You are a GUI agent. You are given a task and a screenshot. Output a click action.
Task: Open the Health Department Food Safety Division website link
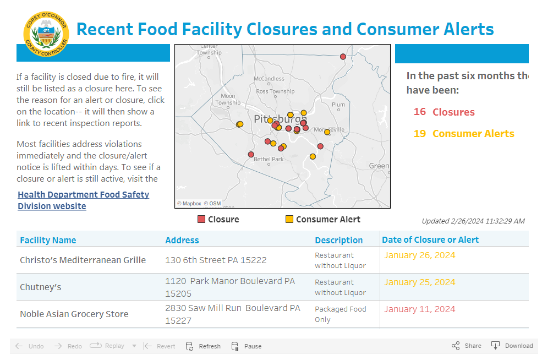point(83,200)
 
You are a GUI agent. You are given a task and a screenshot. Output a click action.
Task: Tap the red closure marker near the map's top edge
point(343,57)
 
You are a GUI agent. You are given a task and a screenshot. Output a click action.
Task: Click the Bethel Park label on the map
point(269,159)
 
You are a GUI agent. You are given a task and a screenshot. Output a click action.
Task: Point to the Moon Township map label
point(228,99)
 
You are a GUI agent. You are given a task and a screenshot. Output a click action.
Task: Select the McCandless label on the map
point(269,79)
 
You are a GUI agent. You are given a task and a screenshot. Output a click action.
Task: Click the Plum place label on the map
point(338,105)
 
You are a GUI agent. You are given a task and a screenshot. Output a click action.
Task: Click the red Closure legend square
point(201,219)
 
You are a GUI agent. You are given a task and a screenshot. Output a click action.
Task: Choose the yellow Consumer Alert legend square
point(289,219)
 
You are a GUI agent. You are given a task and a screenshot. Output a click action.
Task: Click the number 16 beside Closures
point(420,112)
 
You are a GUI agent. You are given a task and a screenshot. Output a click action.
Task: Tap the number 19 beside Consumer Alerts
point(420,133)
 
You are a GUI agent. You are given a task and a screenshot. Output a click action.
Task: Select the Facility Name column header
point(48,240)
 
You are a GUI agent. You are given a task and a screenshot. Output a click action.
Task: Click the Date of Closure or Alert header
point(430,239)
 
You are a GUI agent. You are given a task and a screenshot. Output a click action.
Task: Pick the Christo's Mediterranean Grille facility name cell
point(83,260)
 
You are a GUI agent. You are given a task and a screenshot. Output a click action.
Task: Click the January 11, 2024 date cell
point(419,309)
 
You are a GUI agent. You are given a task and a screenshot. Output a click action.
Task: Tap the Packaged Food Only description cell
point(340,314)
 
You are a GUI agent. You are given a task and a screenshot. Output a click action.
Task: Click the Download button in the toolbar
point(512,346)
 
